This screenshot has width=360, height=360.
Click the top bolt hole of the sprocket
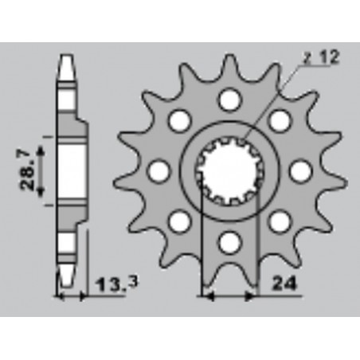229,100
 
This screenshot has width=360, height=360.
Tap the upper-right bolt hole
280,120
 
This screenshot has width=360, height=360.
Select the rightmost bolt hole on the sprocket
300,170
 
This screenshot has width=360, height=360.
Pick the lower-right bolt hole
280,220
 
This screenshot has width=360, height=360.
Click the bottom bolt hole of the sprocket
229,241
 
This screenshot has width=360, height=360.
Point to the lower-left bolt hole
180,220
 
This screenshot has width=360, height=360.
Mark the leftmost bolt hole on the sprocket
159,170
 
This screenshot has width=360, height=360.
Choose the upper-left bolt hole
180,120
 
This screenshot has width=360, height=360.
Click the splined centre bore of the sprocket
230,170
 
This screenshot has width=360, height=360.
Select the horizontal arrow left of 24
229,297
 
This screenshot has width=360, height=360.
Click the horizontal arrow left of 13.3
71,297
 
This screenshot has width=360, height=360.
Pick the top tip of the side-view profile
66,56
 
